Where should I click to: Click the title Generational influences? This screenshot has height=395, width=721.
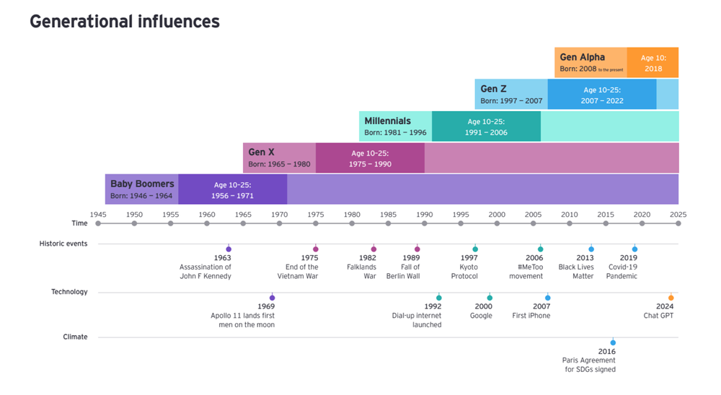point(124,22)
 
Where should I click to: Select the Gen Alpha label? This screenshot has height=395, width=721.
point(582,57)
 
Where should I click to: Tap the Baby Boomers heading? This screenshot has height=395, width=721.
point(142,184)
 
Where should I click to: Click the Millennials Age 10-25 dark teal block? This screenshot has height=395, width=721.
point(486,127)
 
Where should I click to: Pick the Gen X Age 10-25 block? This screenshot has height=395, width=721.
point(370,159)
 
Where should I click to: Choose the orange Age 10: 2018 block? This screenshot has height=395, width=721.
point(653,63)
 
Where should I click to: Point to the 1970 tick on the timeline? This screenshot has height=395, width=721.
point(280,223)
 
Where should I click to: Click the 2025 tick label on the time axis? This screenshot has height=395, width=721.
point(678,214)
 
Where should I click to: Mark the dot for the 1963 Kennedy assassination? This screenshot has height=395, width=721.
point(229,249)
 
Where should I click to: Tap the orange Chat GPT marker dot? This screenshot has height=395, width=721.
point(671,298)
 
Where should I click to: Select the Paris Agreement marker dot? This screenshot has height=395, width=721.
point(613,342)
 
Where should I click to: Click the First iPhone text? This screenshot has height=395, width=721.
point(531,316)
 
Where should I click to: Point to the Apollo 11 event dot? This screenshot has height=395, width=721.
point(272,298)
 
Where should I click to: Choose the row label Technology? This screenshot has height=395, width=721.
point(69,292)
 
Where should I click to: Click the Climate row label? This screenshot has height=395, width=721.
point(75,337)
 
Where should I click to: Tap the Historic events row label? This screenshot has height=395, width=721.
point(63,244)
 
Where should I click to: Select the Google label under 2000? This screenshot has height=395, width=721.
point(481,316)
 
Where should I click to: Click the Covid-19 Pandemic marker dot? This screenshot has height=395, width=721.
point(634,249)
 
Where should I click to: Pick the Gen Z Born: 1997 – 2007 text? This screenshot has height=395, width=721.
point(511,101)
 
